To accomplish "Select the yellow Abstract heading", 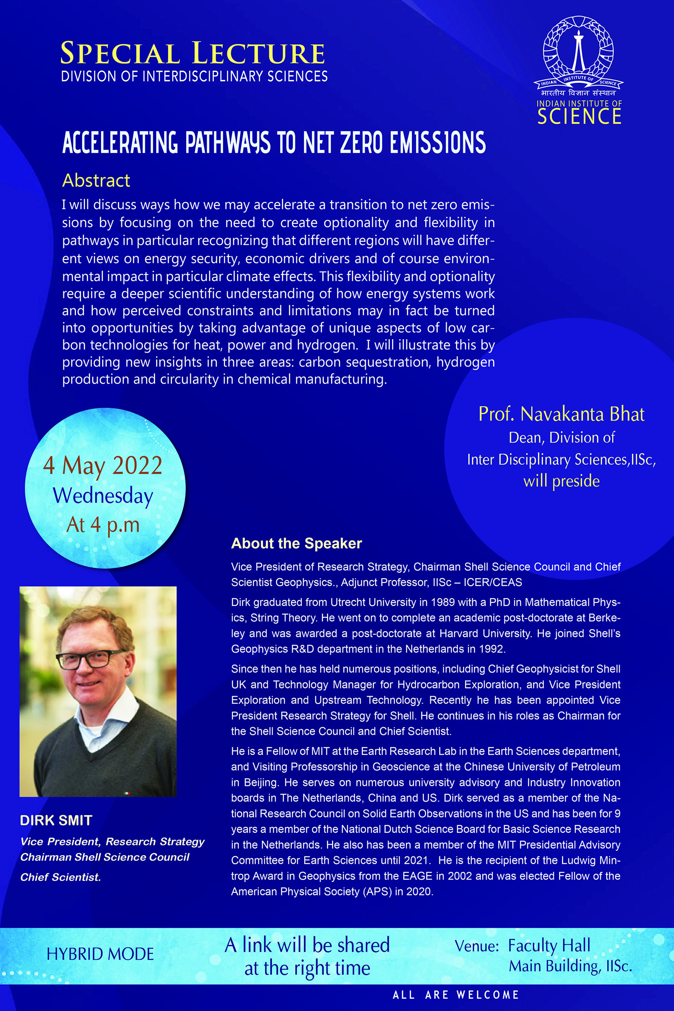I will [x=96, y=180].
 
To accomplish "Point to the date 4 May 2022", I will [x=103, y=465].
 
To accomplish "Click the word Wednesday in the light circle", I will [x=103, y=496].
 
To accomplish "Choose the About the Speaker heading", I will [x=297, y=543].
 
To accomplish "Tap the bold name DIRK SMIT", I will [x=56, y=820].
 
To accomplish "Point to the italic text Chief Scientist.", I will [x=61, y=877].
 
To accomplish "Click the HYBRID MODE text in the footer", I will [x=100, y=954].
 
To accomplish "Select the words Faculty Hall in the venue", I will [x=549, y=946].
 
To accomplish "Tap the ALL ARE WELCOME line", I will [x=456, y=995].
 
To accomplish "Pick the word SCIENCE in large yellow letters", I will [x=579, y=117].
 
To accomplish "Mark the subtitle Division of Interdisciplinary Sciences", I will [x=194, y=76].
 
